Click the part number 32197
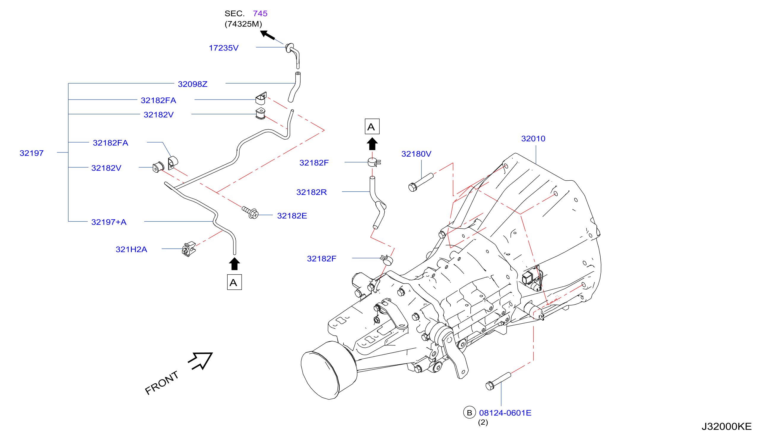tap(31, 153)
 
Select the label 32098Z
tap(193, 84)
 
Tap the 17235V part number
tap(223, 48)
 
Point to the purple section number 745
tap(260, 13)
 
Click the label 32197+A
tap(109, 222)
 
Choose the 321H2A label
tap(131, 249)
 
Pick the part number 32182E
tap(292, 215)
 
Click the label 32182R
tap(311, 192)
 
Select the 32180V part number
tap(416, 154)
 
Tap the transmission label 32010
tap(533, 138)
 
